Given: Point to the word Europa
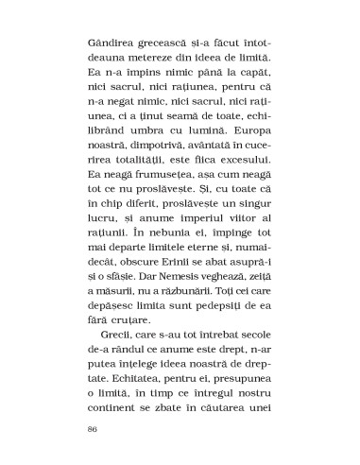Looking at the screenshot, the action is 250,149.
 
